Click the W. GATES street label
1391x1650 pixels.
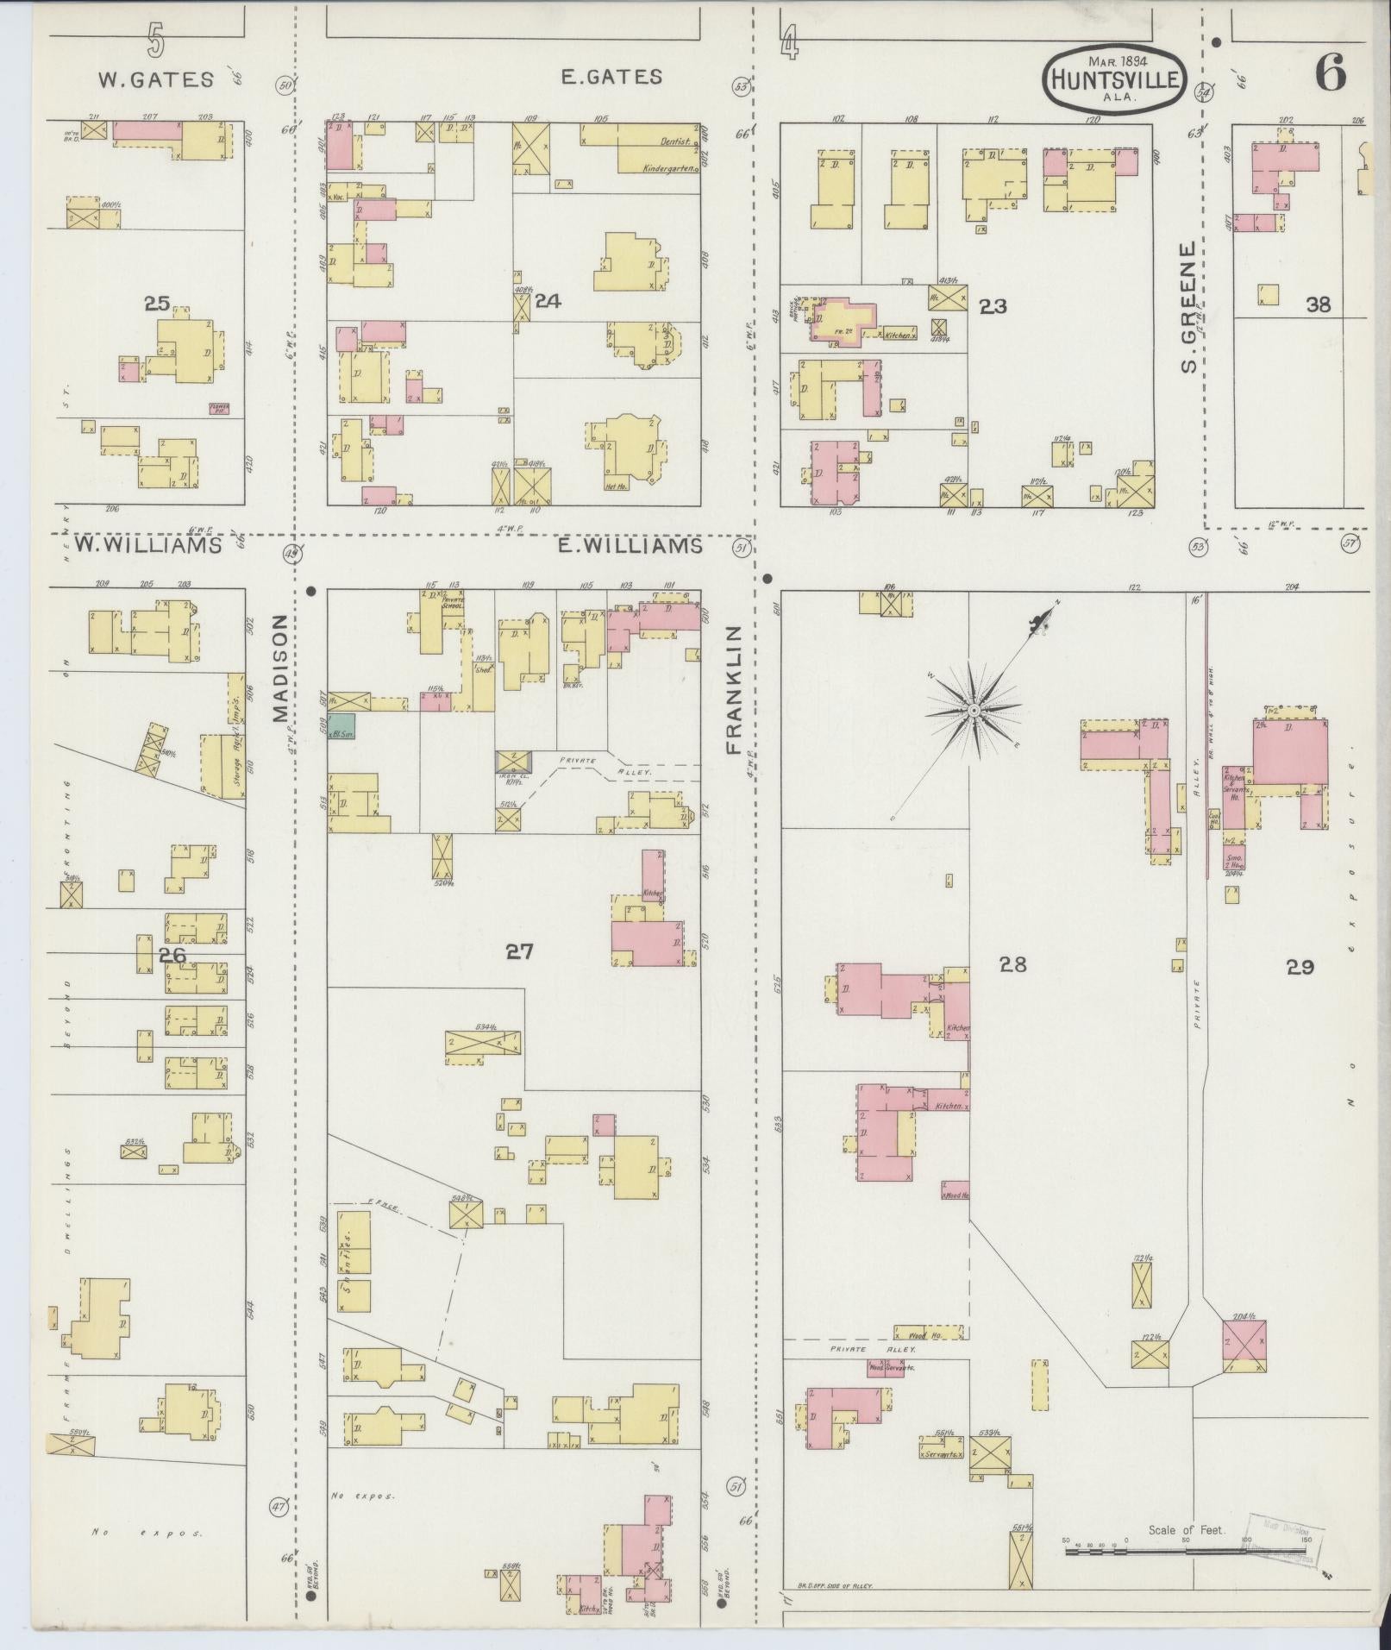(x=155, y=79)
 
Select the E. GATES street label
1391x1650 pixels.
(x=611, y=77)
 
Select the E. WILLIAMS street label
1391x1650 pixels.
(x=631, y=546)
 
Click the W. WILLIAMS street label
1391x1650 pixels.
(x=147, y=545)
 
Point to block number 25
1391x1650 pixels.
(x=157, y=303)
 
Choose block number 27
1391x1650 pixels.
(x=519, y=951)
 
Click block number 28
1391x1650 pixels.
(x=1012, y=964)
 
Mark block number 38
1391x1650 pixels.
(x=1318, y=304)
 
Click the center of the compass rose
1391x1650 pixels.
(x=973, y=710)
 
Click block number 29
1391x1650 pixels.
(x=1300, y=968)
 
